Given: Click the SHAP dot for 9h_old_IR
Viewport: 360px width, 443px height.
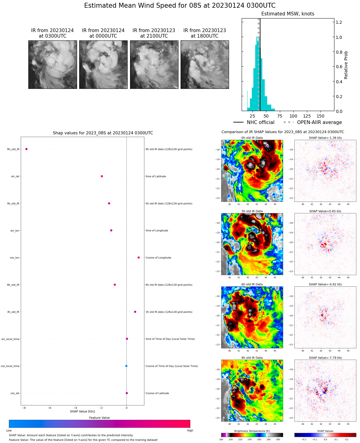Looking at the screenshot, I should [x=27, y=149].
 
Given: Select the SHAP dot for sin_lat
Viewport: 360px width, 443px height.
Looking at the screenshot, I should [x=102, y=176].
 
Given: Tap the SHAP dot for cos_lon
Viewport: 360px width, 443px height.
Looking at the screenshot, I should [x=139, y=258].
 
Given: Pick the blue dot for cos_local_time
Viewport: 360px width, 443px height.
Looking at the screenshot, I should [x=126, y=366].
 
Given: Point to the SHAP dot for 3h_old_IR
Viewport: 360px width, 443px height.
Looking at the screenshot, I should [x=135, y=312].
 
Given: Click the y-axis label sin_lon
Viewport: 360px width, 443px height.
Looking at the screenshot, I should [x=15, y=230].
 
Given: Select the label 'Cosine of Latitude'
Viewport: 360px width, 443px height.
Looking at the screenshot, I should [x=157, y=393].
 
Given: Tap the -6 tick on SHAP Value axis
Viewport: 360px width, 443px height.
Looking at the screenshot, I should [x=50, y=408].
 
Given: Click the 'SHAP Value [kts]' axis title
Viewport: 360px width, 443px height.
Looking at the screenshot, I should [x=82, y=412].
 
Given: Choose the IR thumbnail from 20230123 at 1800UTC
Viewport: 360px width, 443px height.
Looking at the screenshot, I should [x=205, y=65].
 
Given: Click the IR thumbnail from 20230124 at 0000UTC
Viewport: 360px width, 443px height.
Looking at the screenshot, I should [x=103, y=65].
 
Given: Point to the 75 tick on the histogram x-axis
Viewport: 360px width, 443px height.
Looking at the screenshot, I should [x=280, y=116].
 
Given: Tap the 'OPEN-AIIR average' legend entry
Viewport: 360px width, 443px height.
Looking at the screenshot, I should [x=319, y=122].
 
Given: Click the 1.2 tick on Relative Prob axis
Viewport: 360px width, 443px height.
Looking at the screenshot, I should [x=339, y=22].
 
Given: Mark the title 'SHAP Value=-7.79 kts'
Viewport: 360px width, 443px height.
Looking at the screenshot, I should [x=325, y=358].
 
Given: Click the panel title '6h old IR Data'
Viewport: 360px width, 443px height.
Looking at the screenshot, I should [x=252, y=284].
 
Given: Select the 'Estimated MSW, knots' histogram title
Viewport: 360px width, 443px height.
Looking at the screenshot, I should [x=288, y=14].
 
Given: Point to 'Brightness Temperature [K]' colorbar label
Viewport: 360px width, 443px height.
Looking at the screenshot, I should [x=252, y=431].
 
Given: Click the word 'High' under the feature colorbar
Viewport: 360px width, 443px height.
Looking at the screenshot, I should [x=190, y=430].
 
